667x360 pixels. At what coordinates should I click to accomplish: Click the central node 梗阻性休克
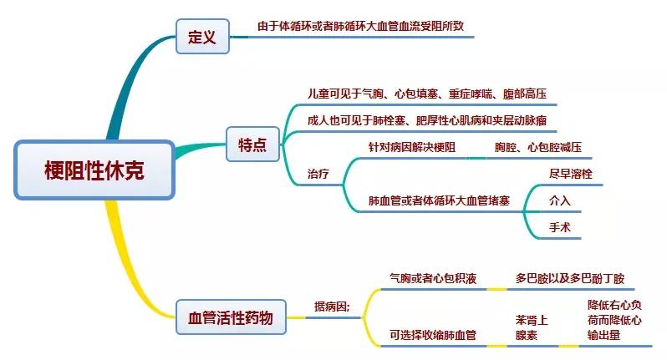tap(94, 170)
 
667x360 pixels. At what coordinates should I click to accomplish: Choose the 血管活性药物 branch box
tap(230, 317)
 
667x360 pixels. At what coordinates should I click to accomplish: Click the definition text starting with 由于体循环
tap(366, 27)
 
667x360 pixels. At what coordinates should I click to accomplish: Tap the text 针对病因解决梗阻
tap(412, 148)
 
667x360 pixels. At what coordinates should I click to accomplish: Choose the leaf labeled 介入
tap(559, 201)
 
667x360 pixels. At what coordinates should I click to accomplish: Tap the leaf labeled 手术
tap(559, 227)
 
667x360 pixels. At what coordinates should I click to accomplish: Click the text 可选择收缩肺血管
tap(432, 335)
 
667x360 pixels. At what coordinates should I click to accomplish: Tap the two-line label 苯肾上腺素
tap(532, 327)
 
